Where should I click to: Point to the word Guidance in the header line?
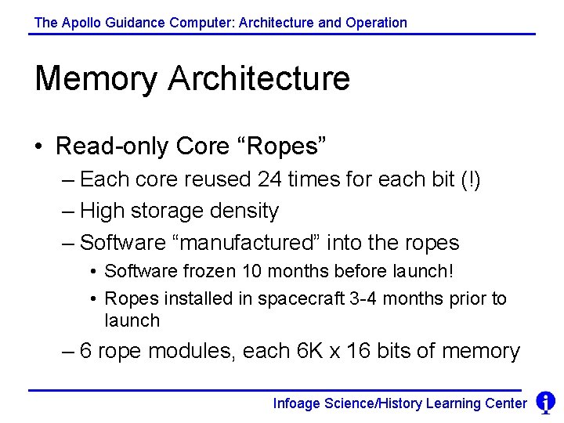(135, 23)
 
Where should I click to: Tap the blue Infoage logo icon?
(545, 403)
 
